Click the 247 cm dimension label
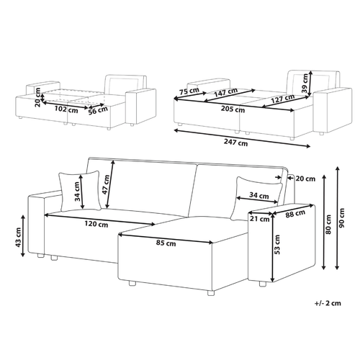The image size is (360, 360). point(235,143)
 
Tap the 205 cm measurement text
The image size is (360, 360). point(233,109)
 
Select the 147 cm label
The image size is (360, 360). point(225,92)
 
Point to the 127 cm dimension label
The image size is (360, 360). point(283,99)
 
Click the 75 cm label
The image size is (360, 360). point(189,91)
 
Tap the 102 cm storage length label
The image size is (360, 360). point(66,109)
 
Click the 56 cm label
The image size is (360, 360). point(98,110)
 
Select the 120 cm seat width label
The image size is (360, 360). point(96,224)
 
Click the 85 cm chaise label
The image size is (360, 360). point(166,243)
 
